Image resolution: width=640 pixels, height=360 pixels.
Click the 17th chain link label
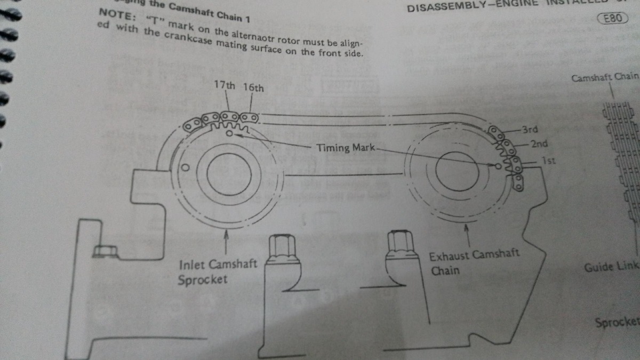tap(224, 85)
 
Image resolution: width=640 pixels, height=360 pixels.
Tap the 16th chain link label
tap(253, 87)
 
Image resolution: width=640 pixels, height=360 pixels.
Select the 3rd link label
tap(530, 130)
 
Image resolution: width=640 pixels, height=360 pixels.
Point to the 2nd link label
tap(539, 143)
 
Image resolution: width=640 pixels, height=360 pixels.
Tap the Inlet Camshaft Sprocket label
tap(218, 271)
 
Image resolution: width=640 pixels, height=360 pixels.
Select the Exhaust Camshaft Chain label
tap(474, 262)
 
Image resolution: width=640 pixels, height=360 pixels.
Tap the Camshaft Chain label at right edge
tap(605, 77)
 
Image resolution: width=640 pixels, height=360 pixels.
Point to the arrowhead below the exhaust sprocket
tap(467, 228)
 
